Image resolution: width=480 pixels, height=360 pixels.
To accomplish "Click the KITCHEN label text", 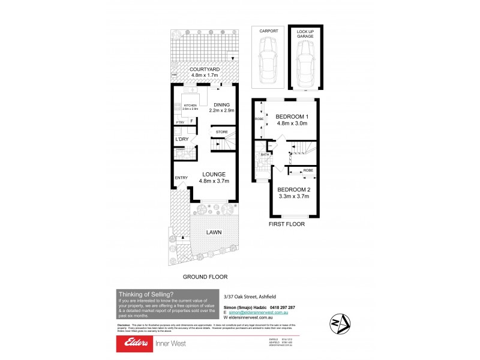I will click(190, 104).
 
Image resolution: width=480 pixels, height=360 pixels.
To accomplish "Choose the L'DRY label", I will click(182, 139).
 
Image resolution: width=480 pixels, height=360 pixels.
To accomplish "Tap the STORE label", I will click(221, 131).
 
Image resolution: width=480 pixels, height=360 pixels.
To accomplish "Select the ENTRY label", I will click(181, 178).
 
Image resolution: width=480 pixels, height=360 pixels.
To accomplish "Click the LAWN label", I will click(215, 232).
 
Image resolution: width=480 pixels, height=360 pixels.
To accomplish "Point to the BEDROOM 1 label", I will click(292, 116).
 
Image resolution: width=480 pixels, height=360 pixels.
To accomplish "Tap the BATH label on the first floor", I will click(264, 155).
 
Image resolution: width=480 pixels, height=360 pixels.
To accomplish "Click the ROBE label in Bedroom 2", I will click(308, 170).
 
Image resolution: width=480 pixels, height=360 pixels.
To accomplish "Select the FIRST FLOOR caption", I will click(287, 224).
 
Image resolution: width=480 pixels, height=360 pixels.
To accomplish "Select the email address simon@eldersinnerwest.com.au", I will click(257, 313).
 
